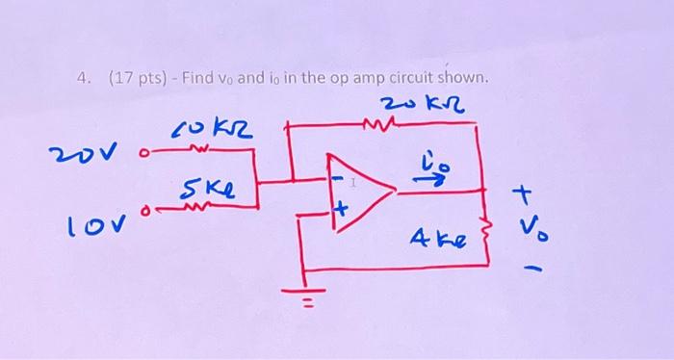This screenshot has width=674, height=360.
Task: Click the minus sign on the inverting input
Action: tap(338, 179)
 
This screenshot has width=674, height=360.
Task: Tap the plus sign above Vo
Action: tap(525, 196)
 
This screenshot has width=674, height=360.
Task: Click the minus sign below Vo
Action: tap(528, 268)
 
